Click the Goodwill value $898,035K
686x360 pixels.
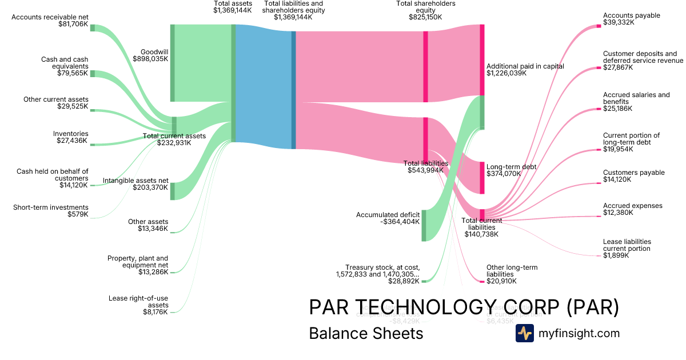(151, 58)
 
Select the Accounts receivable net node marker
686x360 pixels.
(93, 28)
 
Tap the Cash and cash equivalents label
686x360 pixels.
(65, 63)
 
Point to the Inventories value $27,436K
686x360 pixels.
(71, 141)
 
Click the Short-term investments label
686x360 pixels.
(51, 207)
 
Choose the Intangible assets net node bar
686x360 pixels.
(173, 191)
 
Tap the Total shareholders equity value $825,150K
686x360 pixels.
(425, 17)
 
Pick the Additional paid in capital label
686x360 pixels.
(525, 66)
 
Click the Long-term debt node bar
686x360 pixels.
(482, 178)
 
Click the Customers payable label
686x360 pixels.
(633, 173)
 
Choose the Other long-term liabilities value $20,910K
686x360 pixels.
(501, 281)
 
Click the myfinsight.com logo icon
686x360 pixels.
(524, 333)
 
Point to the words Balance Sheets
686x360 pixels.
(366, 333)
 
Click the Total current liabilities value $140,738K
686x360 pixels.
(481, 234)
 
